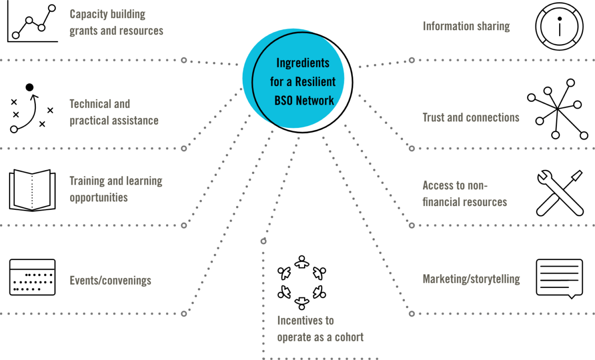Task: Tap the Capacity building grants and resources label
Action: tap(116, 22)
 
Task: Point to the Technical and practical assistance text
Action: tap(114, 112)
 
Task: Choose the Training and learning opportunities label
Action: tap(116, 189)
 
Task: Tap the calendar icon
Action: tap(33, 278)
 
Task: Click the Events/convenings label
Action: tap(110, 280)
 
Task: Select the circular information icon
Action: tap(559, 27)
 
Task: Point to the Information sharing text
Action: tap(466, 27)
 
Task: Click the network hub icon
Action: tap(557, 109)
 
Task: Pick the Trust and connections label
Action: tap(470, 118)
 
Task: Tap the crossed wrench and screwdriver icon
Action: tap(560, 193)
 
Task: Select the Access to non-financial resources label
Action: tap(464, 193)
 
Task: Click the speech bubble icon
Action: tap(559, 279)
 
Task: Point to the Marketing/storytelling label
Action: tap(470, 279)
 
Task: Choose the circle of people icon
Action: tap(302, 282)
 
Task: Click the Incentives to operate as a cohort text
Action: tap(320, 329)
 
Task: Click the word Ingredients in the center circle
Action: tap(303, 62)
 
